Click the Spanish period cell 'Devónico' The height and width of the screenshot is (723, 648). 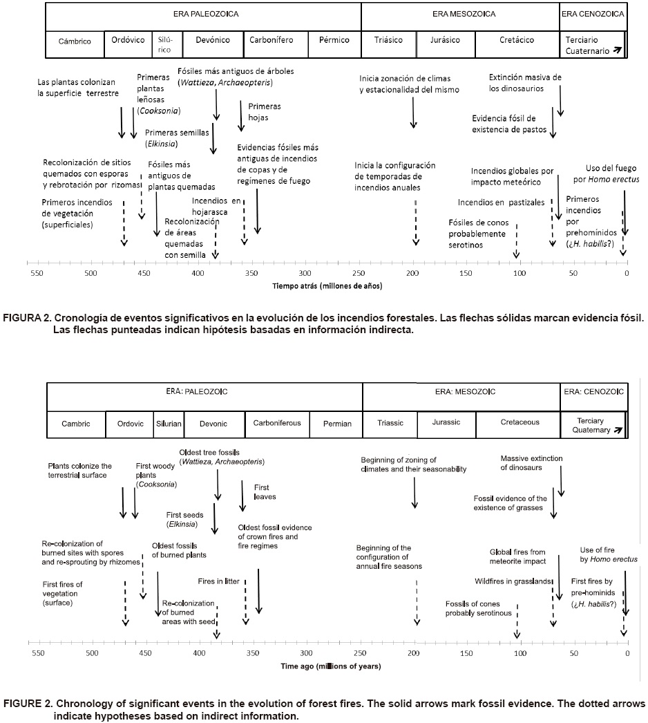tap(212, 41)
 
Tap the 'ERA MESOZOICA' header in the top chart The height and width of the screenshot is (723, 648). tap(459, 13)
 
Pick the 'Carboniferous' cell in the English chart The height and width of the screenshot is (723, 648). tap(277, 423)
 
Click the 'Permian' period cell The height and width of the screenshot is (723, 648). tap(336, 424)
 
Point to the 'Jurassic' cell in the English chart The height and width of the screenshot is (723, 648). tap(446, 422)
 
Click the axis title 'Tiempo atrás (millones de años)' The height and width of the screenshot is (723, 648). tap(327, 285)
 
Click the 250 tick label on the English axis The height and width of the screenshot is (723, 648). tap(359, 652)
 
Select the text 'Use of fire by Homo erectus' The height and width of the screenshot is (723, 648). tap(609, 554)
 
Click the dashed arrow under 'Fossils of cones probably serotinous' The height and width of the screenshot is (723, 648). tap(517, 620)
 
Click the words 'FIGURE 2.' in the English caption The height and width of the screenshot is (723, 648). tap(28, 704)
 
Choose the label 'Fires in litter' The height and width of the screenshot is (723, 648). tap(218, 581)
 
